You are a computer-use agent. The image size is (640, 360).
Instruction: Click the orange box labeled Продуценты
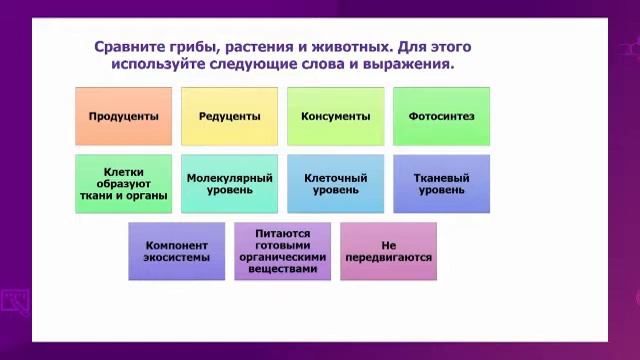click(123, 116)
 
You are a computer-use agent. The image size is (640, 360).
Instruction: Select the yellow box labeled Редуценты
click(229, 116)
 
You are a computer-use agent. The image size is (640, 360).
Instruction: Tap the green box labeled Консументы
click(335, 116)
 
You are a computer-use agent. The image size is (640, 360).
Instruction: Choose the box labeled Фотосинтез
click(441, 116)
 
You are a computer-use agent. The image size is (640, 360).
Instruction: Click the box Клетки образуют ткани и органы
click(123, 184)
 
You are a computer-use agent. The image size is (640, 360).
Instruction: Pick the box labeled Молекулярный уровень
click(229, 184)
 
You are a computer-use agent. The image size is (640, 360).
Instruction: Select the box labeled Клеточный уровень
click(335, 184)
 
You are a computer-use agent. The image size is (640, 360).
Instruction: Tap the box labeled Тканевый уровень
click(441, 184)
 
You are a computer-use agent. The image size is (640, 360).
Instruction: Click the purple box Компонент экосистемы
click(177, 251)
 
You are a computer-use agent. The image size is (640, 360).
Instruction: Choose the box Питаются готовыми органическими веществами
click(283, 251)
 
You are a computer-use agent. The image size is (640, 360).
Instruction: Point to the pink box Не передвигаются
click(388, 251)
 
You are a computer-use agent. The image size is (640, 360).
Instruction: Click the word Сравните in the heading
click(130, 46)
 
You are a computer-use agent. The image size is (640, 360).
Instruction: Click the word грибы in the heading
click(197, 46)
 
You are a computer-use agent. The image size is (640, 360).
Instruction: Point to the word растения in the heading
click(266, 46)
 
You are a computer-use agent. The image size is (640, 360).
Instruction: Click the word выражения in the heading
click(410, 63)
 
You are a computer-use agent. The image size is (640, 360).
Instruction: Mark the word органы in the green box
click(146, 196)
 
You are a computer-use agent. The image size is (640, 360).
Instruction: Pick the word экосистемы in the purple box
click(177, 258)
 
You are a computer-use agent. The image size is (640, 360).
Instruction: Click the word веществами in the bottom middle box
click(283, 269)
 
